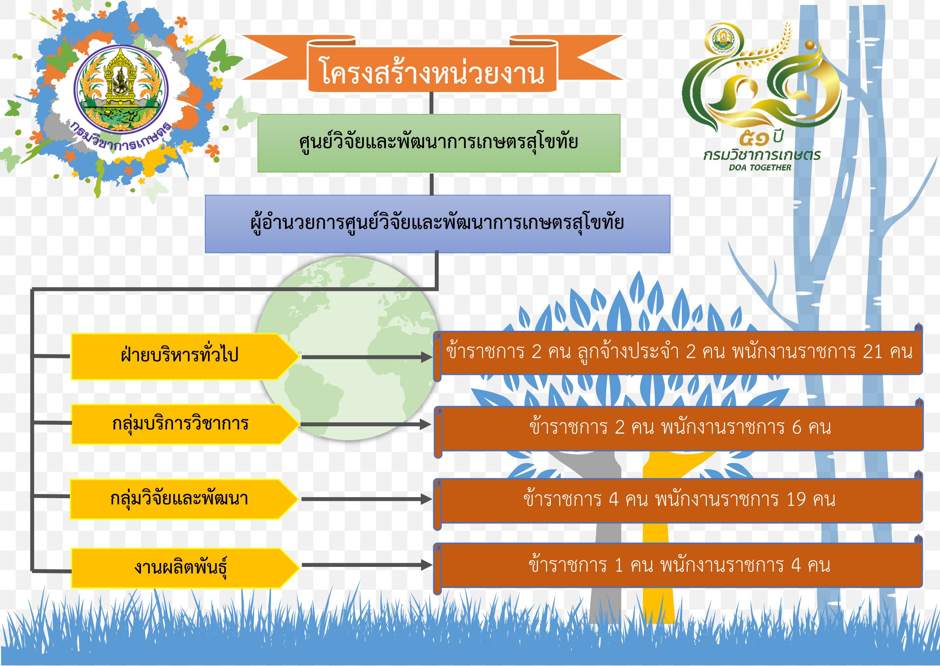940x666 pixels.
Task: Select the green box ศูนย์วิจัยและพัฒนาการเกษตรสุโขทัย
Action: pos(439,143)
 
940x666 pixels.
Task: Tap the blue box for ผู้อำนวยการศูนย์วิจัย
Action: pos(437,224)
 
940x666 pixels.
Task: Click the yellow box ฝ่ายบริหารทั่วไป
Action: pos(185,356)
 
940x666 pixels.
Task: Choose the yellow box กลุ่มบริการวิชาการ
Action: pos(185,424)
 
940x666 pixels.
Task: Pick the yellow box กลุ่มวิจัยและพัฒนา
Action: pos(184,499)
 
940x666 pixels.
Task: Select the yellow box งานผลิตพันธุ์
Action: pos(185,568)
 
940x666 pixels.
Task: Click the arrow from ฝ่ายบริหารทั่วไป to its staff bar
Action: pos(367,357)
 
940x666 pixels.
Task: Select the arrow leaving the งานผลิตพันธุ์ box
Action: pos(367,565)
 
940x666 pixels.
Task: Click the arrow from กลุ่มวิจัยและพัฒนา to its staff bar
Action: pos(367,499)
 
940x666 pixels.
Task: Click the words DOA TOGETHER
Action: pos(760,167)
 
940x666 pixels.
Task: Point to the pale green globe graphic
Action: pos(348,348)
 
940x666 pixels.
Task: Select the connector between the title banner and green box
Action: pos(432,103)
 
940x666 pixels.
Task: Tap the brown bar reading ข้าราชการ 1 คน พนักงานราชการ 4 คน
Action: pos(679,566)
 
